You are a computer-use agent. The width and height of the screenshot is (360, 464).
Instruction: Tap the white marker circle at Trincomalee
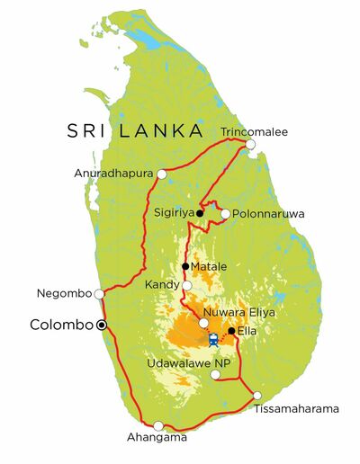point(251,145)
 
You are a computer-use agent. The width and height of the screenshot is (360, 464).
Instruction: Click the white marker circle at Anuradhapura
point(162,174)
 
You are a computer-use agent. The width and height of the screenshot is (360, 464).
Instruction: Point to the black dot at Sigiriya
point(200,214)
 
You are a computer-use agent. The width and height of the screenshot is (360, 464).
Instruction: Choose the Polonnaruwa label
point(268,214)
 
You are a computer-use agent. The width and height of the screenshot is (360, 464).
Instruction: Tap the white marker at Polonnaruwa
point(225,214)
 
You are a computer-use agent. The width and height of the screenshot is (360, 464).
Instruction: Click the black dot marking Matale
point(185,266)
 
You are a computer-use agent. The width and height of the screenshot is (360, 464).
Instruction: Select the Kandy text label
point(162,285)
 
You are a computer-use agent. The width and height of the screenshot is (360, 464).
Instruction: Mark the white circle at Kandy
point(187,286)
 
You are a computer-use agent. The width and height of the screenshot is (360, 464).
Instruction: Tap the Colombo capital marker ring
point(102,325)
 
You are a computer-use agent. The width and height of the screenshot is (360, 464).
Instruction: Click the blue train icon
point(213,340)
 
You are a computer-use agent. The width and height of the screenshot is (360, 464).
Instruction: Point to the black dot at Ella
point(231,331)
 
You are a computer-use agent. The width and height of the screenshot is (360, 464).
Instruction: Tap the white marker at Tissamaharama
point(257,396)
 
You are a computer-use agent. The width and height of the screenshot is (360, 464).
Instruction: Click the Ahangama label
point(159,438)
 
